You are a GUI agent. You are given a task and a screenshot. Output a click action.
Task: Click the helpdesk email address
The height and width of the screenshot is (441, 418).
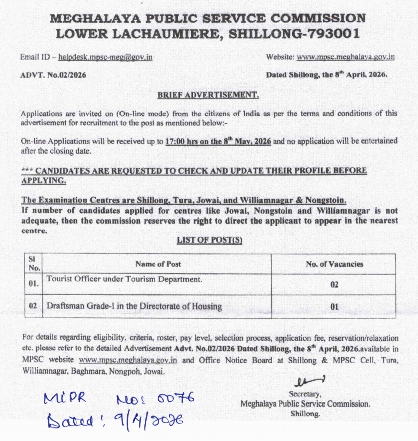coord(105,57)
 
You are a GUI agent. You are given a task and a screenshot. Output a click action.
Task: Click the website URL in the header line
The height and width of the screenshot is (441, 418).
coord(346,57)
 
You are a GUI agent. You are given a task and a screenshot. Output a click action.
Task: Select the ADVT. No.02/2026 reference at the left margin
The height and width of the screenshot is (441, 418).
coord(53,75)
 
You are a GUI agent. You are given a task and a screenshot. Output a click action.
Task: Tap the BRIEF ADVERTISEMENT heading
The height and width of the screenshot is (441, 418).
coord(208,95)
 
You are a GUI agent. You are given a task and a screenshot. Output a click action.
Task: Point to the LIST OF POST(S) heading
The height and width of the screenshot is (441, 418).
coord(209,240)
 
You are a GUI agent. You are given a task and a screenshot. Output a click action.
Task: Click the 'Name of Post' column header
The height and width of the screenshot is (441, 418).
coord(158,264)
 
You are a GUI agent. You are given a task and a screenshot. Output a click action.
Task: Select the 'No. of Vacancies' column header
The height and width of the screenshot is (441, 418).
coord(334,264)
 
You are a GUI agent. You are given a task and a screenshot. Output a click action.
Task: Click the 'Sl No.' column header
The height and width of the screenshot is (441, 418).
coord(34,263)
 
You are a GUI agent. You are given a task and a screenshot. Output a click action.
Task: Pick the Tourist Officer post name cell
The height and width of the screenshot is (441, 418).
coord(124,279)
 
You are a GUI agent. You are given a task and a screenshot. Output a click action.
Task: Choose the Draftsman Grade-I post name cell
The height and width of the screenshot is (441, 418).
coord(134,306)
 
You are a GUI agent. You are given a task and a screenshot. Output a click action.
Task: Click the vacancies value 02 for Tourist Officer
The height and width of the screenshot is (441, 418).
coord(334,285)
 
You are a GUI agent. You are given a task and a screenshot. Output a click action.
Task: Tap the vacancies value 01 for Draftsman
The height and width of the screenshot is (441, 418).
coord(334,307)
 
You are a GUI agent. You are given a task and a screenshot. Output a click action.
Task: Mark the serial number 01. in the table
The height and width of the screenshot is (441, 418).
coord(34,284)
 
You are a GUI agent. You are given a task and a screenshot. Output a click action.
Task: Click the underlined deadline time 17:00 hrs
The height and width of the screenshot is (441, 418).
coord(182,142)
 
